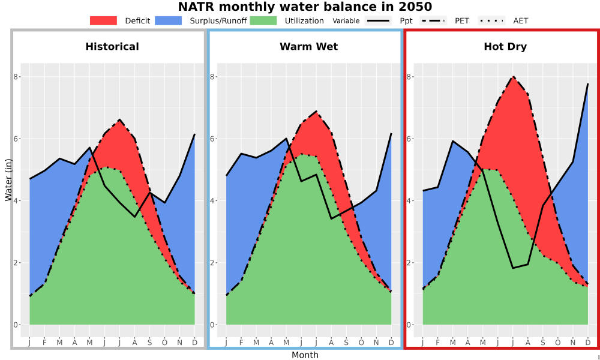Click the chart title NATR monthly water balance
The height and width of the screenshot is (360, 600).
(305, 7)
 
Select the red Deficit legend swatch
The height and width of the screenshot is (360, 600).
(103, 20)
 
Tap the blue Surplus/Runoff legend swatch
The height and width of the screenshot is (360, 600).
(169, 20)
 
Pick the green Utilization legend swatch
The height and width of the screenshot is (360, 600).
(263, 20)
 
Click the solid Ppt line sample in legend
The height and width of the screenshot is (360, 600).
(378, 20)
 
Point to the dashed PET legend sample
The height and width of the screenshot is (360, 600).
(433, 20)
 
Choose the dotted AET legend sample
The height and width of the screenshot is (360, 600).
(491, 20)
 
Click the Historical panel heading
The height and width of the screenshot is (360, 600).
(112, 47)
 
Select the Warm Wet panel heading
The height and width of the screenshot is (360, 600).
(309, 47)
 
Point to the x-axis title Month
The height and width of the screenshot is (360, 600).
(305, 355)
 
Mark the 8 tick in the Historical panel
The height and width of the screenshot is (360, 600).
(16, 77)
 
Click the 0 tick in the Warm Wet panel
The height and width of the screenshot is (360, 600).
(212, 325)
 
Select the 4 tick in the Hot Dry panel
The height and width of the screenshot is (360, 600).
(409, 201)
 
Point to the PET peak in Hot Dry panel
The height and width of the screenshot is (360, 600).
(513, 77)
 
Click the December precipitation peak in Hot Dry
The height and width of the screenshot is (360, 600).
(588, 84)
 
